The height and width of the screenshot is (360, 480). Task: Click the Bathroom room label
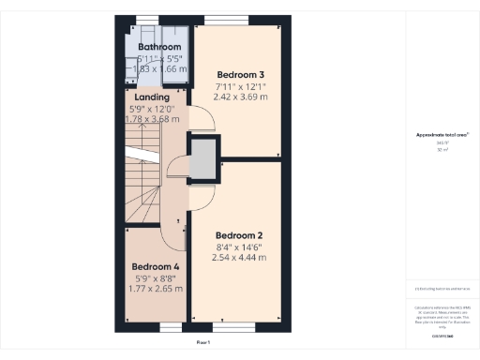point(159,47)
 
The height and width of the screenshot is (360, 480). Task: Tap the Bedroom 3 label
point(241,74)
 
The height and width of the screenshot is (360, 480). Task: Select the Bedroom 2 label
point(239,235)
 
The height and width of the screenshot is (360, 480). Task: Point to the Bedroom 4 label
point(155,266)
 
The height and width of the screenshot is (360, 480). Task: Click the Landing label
point(152,97)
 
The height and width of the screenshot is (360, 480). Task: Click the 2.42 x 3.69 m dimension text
point(242,96)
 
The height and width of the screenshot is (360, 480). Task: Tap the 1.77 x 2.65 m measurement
point(156,289)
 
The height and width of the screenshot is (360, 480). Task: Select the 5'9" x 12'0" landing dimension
point(152,108)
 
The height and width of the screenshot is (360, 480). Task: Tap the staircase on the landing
point(142,173)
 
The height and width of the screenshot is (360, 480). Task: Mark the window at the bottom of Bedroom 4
point(171,326)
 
